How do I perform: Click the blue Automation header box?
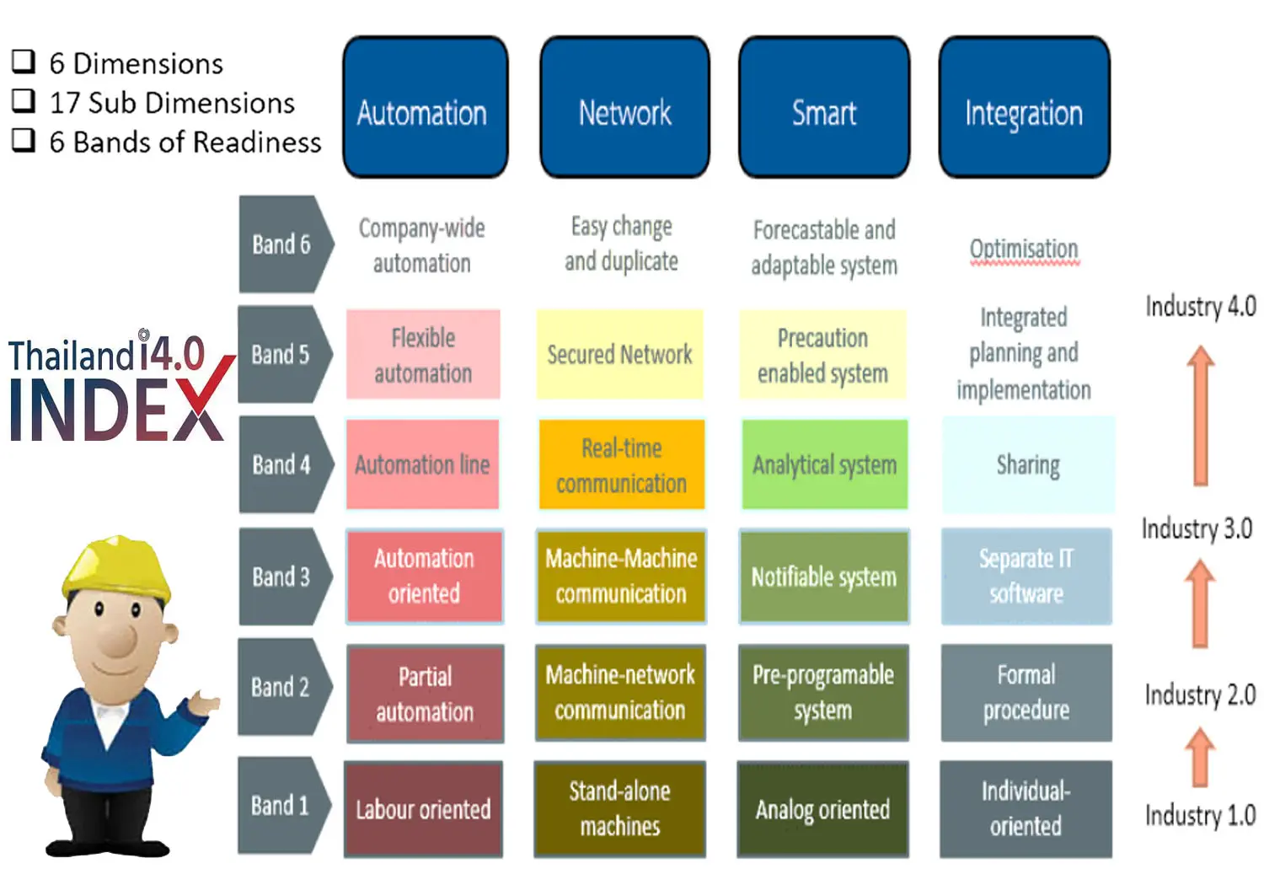(x=425, y=107)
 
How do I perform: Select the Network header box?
(x=624, y=107)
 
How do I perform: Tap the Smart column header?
(x=824, y=107)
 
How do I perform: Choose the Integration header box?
(x=1024, y=107)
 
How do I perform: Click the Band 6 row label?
(x=282, y=244)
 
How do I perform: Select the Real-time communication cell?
(x=621, y=465)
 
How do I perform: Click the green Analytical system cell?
(x=824, y=465)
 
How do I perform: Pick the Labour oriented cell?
(x=423, y=809)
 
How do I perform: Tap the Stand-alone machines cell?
(x=619, y=809)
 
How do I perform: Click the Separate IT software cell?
(x=1026, y=577)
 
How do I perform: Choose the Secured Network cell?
(x=619, y=354)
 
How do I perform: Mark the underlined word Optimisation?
(x=1024, y=249)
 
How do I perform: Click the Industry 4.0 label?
(x=1200, y=306)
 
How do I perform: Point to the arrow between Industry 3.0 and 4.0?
(x=1201, y=417)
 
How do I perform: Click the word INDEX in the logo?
(x=116, y=410)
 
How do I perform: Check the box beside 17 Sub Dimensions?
(x=24, y=101)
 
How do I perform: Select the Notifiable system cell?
(x=824, y=577)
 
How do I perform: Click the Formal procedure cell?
(x=1026, y=693)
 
